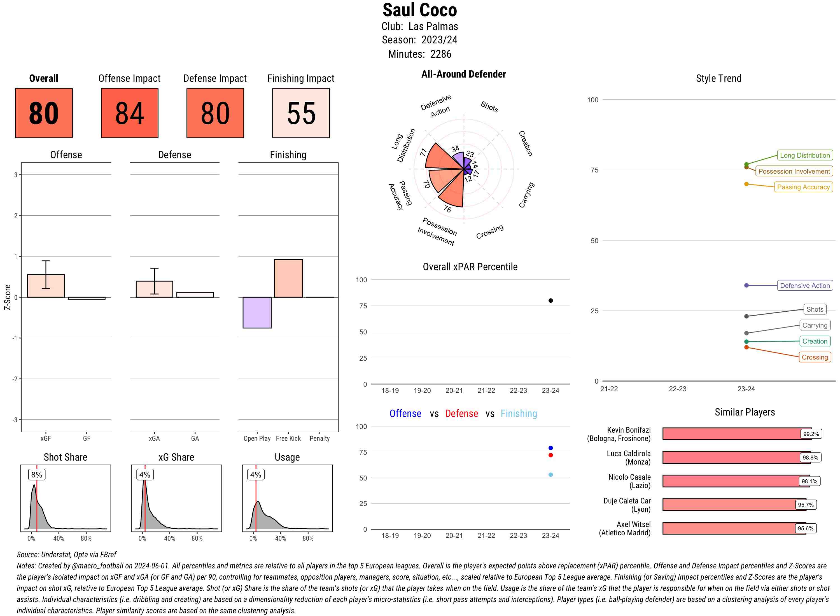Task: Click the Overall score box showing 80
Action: pyautogui.click(x=44, y=113)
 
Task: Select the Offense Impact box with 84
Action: pyautogui.click(x=129, y=113)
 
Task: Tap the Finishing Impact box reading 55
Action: pyautogui.click(x=301, y=113)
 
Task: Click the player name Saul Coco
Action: pyautogui.click(x=419, y=10)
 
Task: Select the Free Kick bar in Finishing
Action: pyautogui.click(x=288, y=278)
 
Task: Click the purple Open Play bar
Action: pyautogui.click(x=257, y=312)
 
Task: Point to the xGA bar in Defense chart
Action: pyautogui.click(x=154, y=289)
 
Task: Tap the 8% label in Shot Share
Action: pyautogui.click(x=36, y=475)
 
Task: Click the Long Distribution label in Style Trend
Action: pyautogui.click(x=805, y=155)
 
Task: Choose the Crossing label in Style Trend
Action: pyautogui.click(x=815, y=357)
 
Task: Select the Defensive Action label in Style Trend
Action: pyautogui.click(x=805, y=286)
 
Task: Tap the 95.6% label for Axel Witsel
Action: pyautogui.click(x=805, y=528)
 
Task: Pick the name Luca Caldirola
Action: pyautogui.click(x=628, y=453)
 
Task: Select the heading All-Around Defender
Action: pyautogui.click(x=463, y=74)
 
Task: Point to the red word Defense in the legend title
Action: pyautogui.click(x=461, y=414)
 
